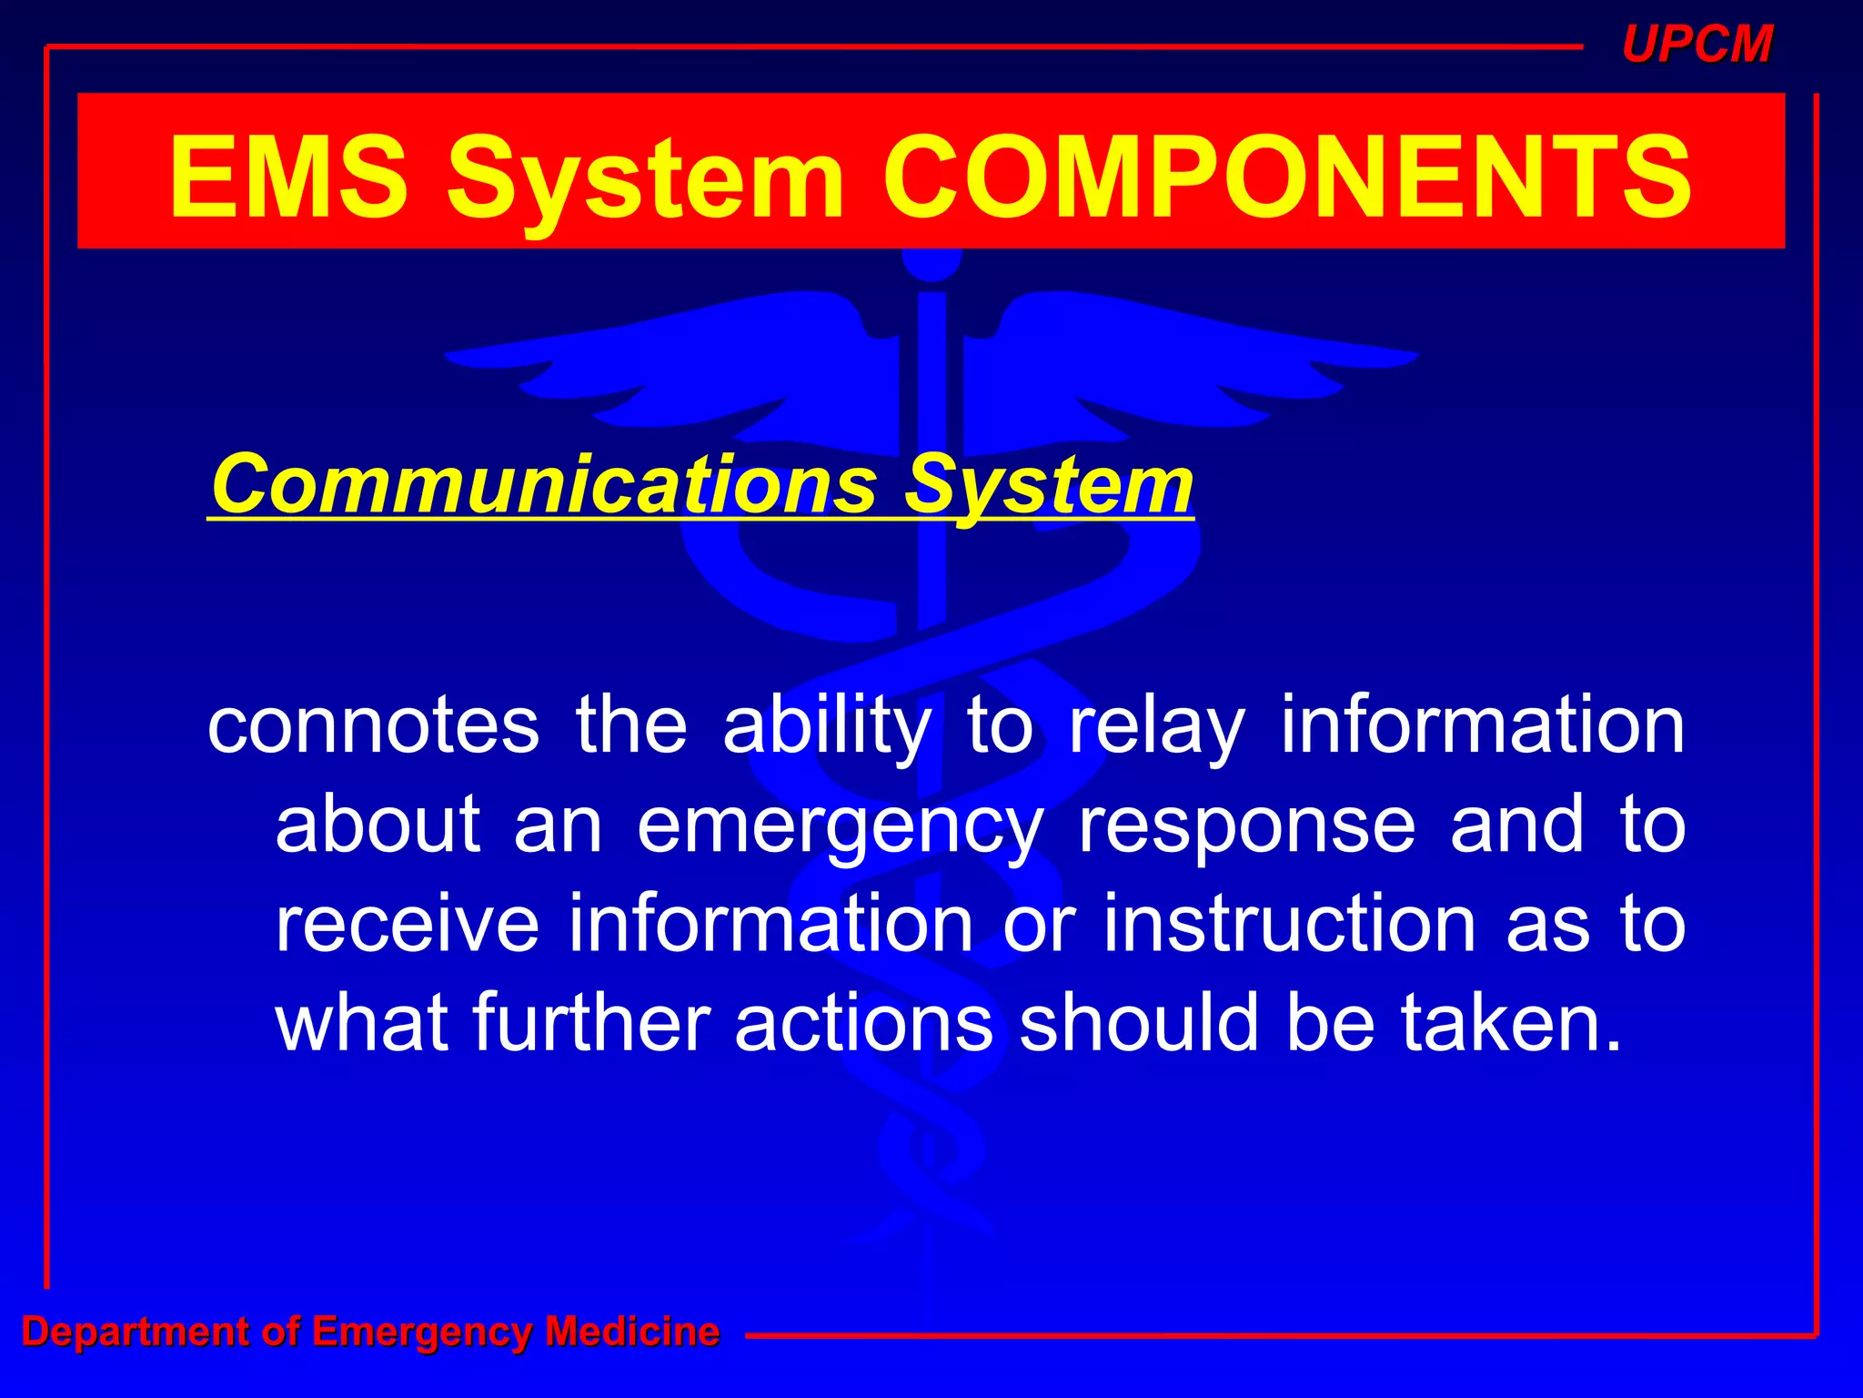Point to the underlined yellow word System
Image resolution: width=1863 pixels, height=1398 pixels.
click(x=1048, y=487)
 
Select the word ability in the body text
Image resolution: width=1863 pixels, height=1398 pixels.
click(x=827, y=727)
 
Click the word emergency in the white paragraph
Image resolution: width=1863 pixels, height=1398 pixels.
click(x=840, y=826)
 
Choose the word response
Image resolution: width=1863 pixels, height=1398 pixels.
click(x=1246, y=826)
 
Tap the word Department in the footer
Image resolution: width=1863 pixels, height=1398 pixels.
click(x=135, y=1332)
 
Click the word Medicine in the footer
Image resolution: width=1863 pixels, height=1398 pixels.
click(x=632, y=1332)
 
